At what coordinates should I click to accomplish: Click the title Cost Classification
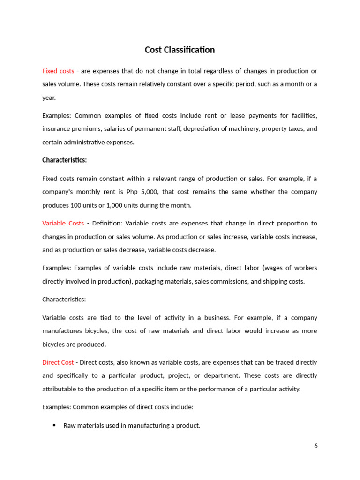click(180, 50)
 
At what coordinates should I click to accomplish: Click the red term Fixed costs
click(58, 71)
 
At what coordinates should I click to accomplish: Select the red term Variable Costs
click(63, 223)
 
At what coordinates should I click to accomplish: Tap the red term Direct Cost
click(58, 362)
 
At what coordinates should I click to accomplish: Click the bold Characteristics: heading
click(65, 160)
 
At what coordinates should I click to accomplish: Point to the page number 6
click(316, 446)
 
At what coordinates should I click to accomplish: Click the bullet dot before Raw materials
click(54, 426)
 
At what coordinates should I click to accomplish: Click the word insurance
click(54, 129)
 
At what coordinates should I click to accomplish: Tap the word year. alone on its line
click(49, 98)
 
